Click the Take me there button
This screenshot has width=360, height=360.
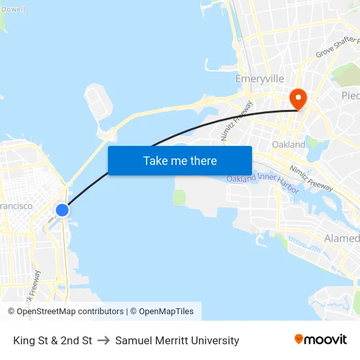pyautogui.click(x=180, y=160)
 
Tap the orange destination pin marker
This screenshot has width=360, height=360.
pyautogui.click(x=298, y=99)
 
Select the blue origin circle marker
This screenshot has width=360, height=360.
pyautogui.click(x=62, y=210)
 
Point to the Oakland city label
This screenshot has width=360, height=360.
pyautogui.click(x=289, y=144)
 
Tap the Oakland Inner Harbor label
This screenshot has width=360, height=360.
pyautogui.click(x=263, y=183)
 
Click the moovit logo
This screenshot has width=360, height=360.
pyautogui.click(x=321, y=340)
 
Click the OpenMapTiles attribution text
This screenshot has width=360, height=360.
pyautogui.click(x=166, y=312)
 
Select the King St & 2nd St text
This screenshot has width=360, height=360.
pyautogui.click(x=52, y=340)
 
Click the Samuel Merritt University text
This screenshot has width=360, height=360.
pyautogui.click(x=177, y=340)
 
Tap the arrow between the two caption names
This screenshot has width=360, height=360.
pyautogui.click(x=103, y=340)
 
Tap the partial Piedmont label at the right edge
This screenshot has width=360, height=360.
pyautogui.click(x=350, y=96)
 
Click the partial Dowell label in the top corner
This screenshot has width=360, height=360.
pyautogui.click(x=12, y=9)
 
